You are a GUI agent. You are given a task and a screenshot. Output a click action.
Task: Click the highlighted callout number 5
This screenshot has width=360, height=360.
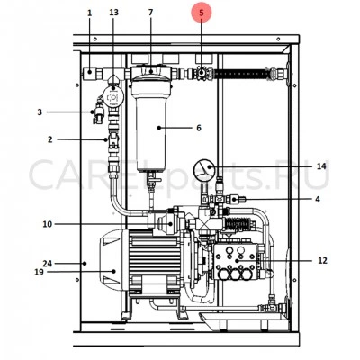pyautogui.click(x=202, y=13)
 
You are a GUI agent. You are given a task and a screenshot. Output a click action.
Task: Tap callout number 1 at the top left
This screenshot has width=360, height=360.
pyautogui.click(x=90, y=13)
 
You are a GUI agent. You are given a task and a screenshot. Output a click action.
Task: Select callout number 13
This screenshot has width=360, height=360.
pyautogui.click(x=113, y=13)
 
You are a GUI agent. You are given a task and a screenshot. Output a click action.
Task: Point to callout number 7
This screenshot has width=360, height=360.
pyautogui.click(x=150, y=13)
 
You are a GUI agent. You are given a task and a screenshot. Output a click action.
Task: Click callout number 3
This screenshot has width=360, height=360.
pyautogui.click(x=40, y=112)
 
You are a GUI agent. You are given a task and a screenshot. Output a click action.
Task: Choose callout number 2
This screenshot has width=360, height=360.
pyautogui.click(x=49, y=139)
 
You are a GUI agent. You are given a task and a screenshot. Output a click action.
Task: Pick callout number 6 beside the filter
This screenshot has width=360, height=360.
pyautogui.click(x=199, y=128)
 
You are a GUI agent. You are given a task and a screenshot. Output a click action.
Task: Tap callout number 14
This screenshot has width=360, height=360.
pyautogui.click(x=321, y=166)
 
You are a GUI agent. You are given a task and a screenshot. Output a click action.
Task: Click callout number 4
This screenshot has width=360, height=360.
pyautogui.click(x=318, y=199)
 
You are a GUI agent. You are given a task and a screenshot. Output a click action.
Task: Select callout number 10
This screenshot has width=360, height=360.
pyautogui.click(x=47, y=224)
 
